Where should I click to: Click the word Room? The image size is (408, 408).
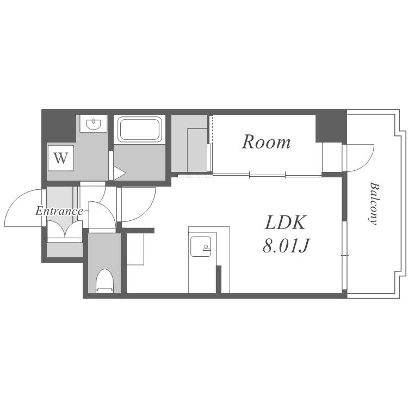tap(266, 142)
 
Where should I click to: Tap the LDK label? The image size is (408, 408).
tap(286, 222)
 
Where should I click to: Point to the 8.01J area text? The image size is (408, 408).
tap(286, 245)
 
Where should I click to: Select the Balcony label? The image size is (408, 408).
tap(374, 203)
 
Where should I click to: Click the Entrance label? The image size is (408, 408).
tap(59, 211)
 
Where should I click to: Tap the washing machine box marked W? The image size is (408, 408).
tap(60, 158)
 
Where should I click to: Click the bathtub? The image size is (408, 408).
tap(140, 129)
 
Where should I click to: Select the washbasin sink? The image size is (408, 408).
tap(94, 124)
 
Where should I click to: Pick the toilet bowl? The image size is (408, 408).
tap(104, 281)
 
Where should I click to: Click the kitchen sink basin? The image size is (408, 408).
tap(200, 246)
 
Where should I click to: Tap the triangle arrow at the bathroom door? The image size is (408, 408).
tap(120, 173)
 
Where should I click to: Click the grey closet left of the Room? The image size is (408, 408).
tap(189, 143)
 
